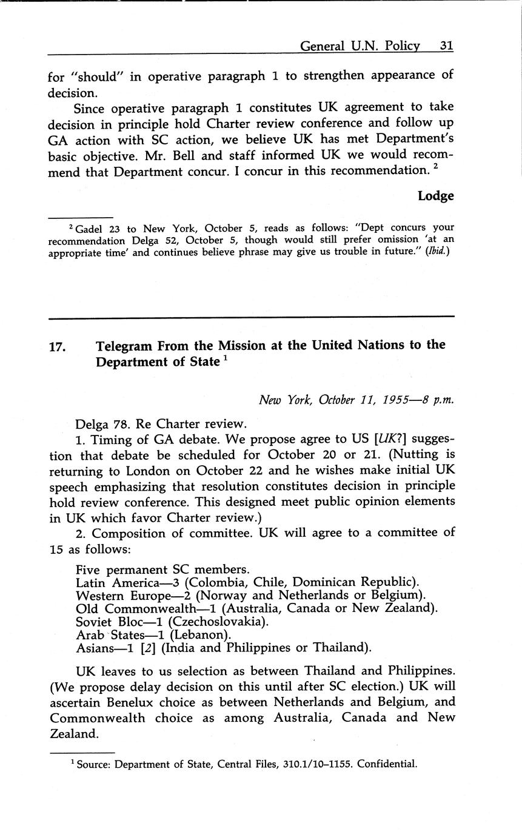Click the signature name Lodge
(435, 196)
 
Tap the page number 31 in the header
(446, 46)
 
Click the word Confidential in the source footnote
(387, 764)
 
